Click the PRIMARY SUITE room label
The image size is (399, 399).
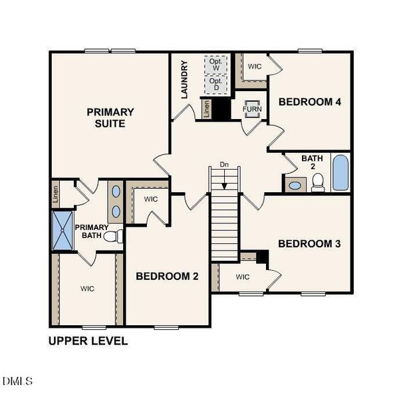(110, 118)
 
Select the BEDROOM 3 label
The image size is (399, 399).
(309, 244)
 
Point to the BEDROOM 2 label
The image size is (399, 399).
(167, 277)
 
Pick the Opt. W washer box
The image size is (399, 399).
(215, 65)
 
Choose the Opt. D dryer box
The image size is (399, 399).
(215, 84)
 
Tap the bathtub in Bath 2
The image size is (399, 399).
(339, 173)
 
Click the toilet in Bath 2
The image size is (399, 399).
(318, 181)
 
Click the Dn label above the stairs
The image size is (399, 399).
(224, 164)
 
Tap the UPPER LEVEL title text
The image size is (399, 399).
(88, 341)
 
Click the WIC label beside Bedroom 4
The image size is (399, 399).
(254, 66)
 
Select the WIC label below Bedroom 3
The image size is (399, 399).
(242, 277)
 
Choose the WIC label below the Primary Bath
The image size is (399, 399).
(87, 289)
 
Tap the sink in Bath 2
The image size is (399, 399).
(293, 185)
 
